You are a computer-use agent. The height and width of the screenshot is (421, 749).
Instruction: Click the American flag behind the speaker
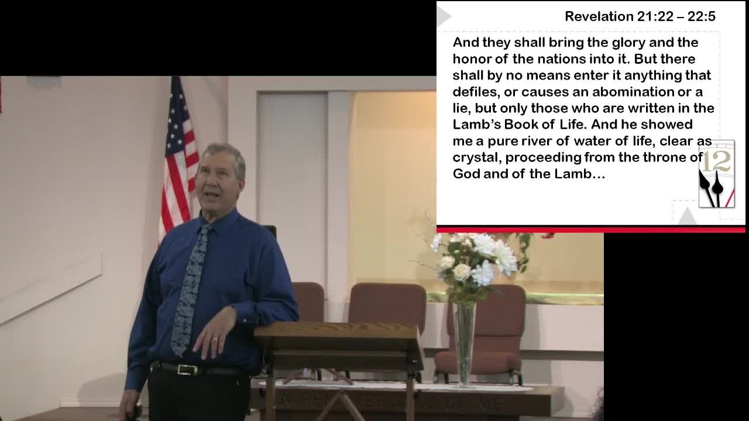(178, 158)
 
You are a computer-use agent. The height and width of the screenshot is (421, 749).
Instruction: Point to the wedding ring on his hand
(215, 339)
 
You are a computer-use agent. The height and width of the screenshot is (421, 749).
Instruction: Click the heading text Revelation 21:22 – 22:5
(640, 16)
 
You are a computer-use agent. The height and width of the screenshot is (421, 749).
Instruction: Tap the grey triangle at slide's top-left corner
(444, 16)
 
